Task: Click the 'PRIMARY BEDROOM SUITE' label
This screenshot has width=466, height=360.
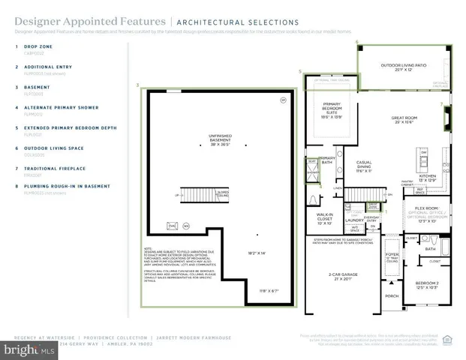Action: pos(332,110)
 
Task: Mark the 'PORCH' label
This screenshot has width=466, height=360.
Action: pos(390,295)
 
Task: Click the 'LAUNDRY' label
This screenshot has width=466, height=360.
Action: pos(353,220)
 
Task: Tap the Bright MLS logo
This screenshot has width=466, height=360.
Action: pos(28,349)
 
